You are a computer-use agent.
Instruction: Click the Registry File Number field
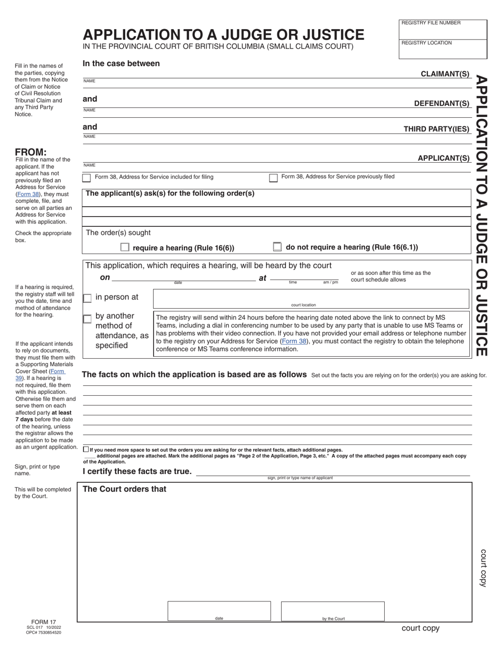pyautogui.click(x=442, y=31)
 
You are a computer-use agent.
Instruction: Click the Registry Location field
pyautogui.click(x=442, y=51)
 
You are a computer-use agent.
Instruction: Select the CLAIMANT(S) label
pyautogui.click(x=444, y=74)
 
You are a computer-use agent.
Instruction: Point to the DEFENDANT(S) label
pyautogui.click(x=441, y=104)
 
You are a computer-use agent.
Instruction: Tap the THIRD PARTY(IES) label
pyautogui.click(x=436, y=129)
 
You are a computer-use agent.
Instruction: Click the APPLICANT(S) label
pyautogui.click(x=443, y=158)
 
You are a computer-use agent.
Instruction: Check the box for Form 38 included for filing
pyautogui.click(x=87, y=178)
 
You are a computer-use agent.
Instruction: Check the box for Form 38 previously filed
pyautogui.click(x=273, y=178)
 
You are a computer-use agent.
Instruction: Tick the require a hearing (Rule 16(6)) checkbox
pyautogui.click(x=125, y=247)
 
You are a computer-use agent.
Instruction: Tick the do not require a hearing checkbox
pyautogui.click(x=277, y=247)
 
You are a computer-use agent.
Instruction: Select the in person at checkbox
pyautogui.click(x=87, y=298)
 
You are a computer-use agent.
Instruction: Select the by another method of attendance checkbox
pyautogui.click(x=87, y=319)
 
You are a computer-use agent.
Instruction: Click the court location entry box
pyautogui.click(x=311, y=298)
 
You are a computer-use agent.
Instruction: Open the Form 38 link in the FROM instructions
pyautogui.click(x=28, y=194)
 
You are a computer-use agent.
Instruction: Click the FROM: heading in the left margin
pyautogui.click(x=31, y=152)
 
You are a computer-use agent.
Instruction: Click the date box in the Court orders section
pyautogui.click(x=219, y=610)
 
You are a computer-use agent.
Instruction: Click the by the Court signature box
pyautogui.click(x=332, y=610)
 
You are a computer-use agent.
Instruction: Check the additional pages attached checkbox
pyautogui.click(x=86, y=449)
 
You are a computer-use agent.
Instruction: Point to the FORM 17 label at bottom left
pyautogui.click(x=43, y=622)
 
